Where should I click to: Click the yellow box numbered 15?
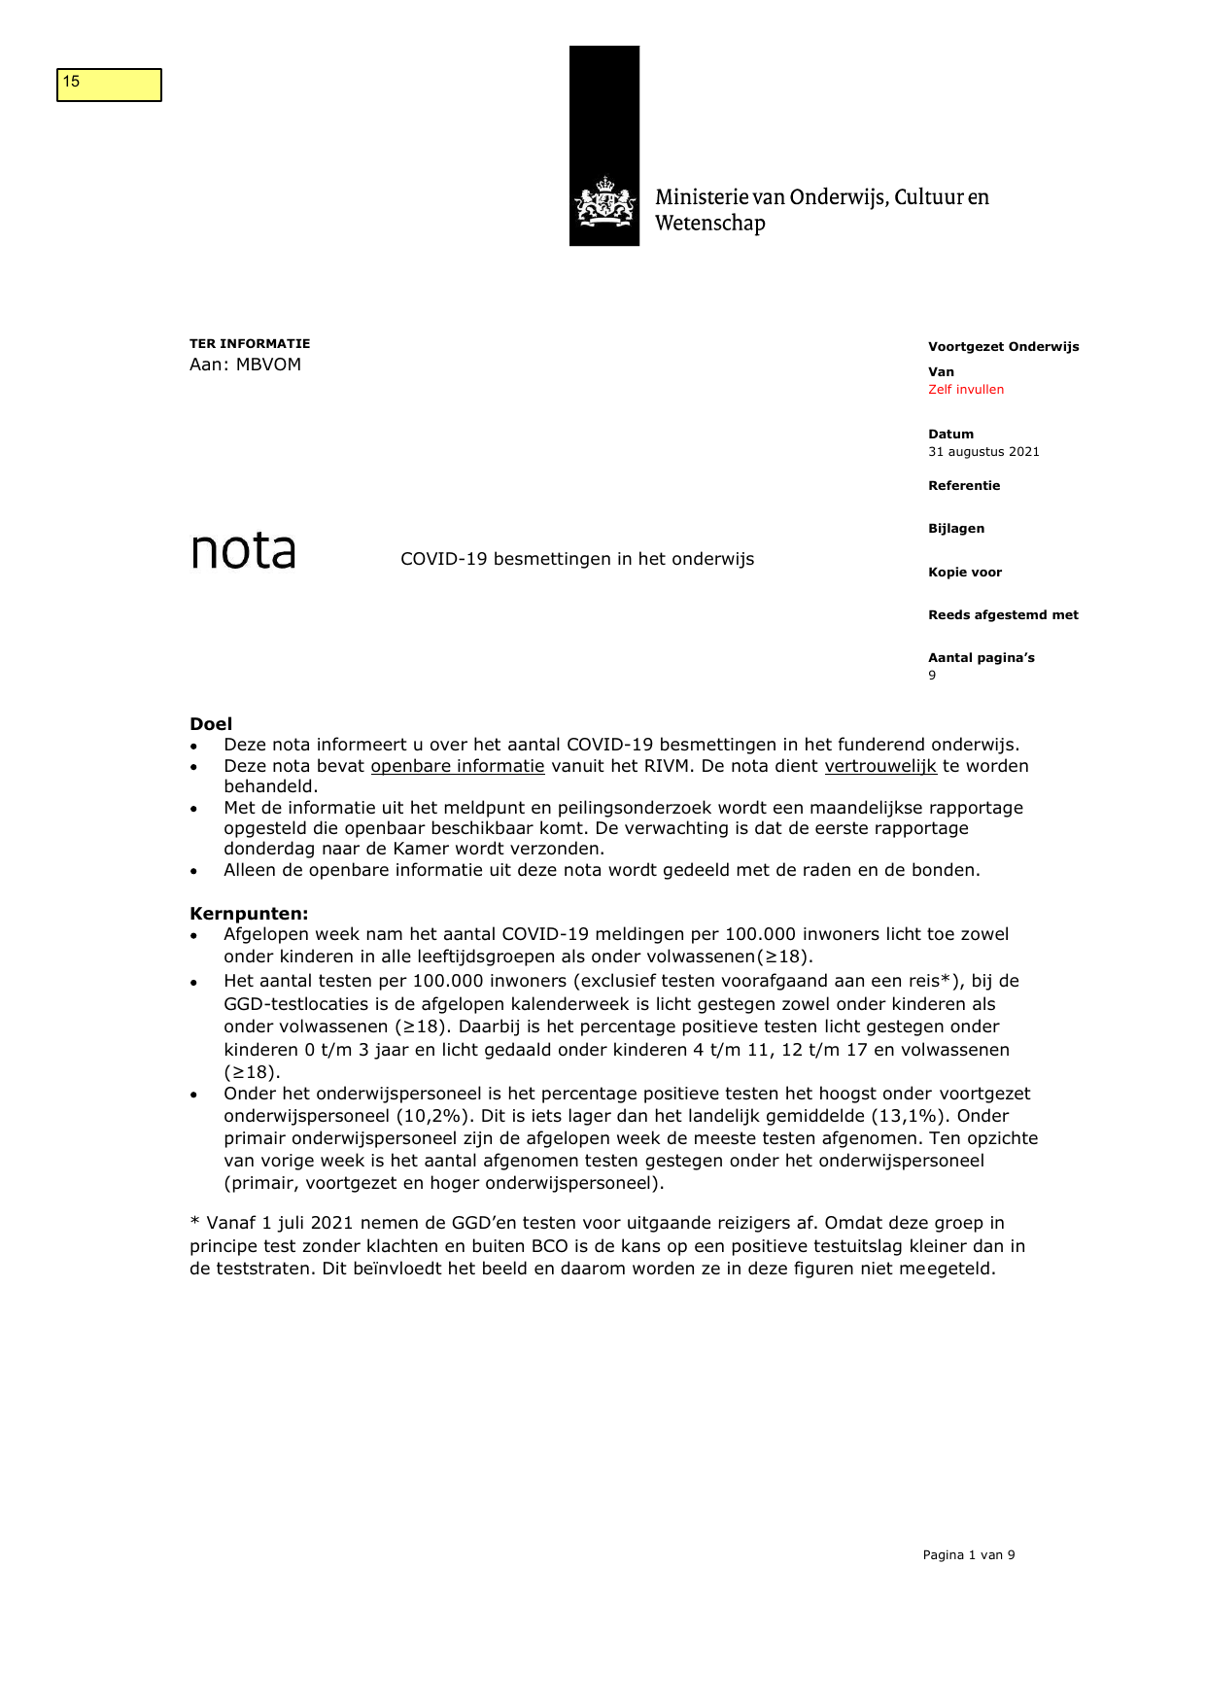[x=109, y=85]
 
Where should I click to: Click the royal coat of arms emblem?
[x=604, y=202]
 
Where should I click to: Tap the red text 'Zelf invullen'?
[x=965, y=390]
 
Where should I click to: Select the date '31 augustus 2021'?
[x=982, y=452]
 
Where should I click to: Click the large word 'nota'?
[x=243, y=551]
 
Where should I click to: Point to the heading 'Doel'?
[x=211, y=724]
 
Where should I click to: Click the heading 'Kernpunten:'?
[x=249, y=914]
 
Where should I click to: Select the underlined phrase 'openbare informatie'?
[x=458, y=766]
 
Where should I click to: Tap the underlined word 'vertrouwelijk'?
[x=879, y=766]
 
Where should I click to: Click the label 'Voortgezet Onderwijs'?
[x=1003, y=347]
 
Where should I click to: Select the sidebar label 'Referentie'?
[x=963, y=486]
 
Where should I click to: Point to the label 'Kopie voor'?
[x=964, y=573]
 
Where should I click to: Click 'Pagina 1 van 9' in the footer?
[x=968, y=1555]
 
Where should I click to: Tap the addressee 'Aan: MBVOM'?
[x=245, y=365]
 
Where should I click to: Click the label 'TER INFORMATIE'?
[x=250, y=344]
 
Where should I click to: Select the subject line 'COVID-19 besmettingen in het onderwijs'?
[x=577, y=559]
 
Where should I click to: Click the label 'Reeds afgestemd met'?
[x=1003, y=615]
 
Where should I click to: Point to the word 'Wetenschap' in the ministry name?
[x=709, y=224]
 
